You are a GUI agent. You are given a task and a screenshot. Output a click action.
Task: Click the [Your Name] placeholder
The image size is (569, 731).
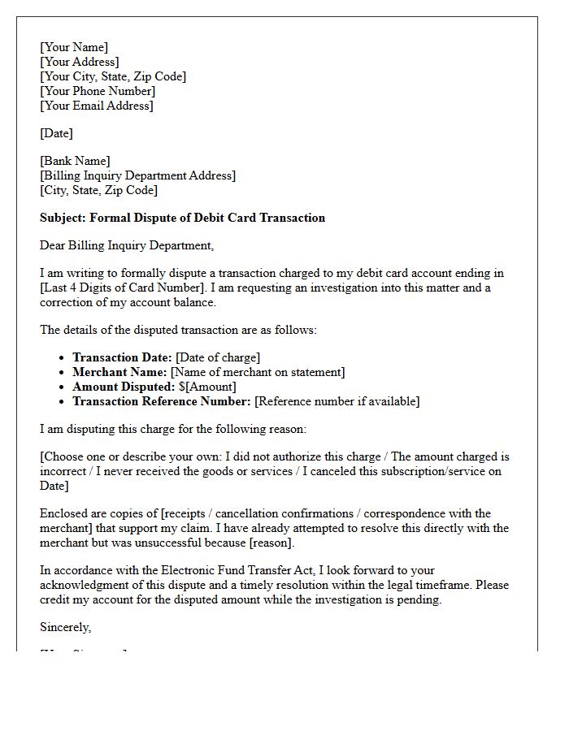pos(74,47)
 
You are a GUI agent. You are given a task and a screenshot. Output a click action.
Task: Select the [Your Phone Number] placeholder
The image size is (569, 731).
pos(98,91)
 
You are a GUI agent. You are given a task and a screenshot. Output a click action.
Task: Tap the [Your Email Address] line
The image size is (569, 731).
pos(97,106)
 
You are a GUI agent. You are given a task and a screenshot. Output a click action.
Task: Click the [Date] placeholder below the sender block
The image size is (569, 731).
pos(57,133)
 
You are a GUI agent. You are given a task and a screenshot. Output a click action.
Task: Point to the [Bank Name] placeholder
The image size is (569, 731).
pos(76,161)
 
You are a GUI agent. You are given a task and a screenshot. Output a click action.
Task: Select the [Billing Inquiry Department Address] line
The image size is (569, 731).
pos(138,175)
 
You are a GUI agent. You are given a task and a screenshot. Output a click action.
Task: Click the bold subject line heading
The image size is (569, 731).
pos(182,218)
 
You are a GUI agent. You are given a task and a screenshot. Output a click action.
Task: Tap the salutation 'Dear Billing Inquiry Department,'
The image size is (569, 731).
pos(127,245)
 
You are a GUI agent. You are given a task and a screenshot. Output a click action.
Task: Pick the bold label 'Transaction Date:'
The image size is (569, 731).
pos(122,357)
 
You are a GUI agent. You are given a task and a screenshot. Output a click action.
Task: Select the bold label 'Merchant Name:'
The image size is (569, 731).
pos(119,372)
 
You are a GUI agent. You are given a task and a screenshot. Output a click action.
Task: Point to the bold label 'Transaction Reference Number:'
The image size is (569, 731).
pos(162,401)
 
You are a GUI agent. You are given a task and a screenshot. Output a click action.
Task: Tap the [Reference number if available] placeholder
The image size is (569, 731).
pos(337,401)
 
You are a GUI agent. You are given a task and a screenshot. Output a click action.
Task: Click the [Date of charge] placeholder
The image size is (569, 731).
pos(218,357)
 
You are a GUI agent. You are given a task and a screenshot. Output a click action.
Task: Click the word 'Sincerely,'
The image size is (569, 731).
pos(66,627)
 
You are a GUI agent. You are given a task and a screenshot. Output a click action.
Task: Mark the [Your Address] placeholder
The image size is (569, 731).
pos(80,62)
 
